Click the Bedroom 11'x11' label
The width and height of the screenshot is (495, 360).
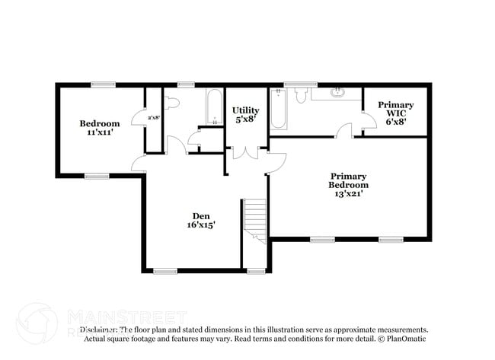(100, 128)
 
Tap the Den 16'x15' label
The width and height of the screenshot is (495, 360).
(201, 220)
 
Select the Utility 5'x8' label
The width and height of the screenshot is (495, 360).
(246, 115)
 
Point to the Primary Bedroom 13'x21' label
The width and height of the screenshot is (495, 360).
(348, 184)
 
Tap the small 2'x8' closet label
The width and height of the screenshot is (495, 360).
(153, 117)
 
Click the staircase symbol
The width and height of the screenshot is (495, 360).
(254, 221)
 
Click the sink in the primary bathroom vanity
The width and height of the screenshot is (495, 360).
(337, 94)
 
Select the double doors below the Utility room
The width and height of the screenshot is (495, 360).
(244, 152)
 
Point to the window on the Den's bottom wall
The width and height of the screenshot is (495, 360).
(164, 270)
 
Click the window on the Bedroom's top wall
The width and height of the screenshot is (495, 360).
(103, 84)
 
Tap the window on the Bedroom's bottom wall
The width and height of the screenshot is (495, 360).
(97, 176)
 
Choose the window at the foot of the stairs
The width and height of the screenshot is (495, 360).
(256, 270)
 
